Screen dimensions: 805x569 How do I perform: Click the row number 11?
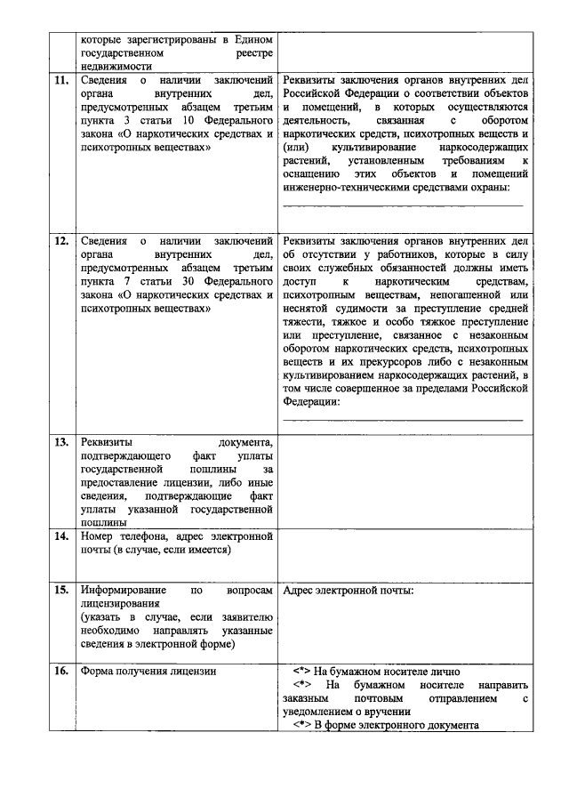point(61,82)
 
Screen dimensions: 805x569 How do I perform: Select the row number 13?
point(61,441)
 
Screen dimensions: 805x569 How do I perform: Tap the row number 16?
point(61,671)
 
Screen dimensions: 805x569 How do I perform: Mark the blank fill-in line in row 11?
point(403,205)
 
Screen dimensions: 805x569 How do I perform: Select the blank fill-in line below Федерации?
point(403,418)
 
